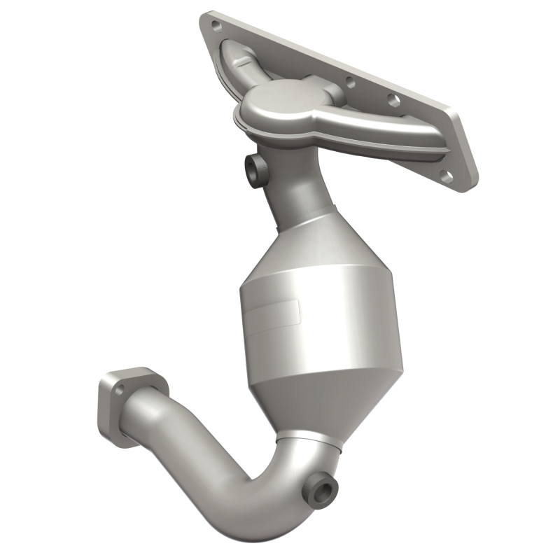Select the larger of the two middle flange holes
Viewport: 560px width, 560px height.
(x=393, y=101)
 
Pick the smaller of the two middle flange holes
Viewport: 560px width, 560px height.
(x=351, y=83)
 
